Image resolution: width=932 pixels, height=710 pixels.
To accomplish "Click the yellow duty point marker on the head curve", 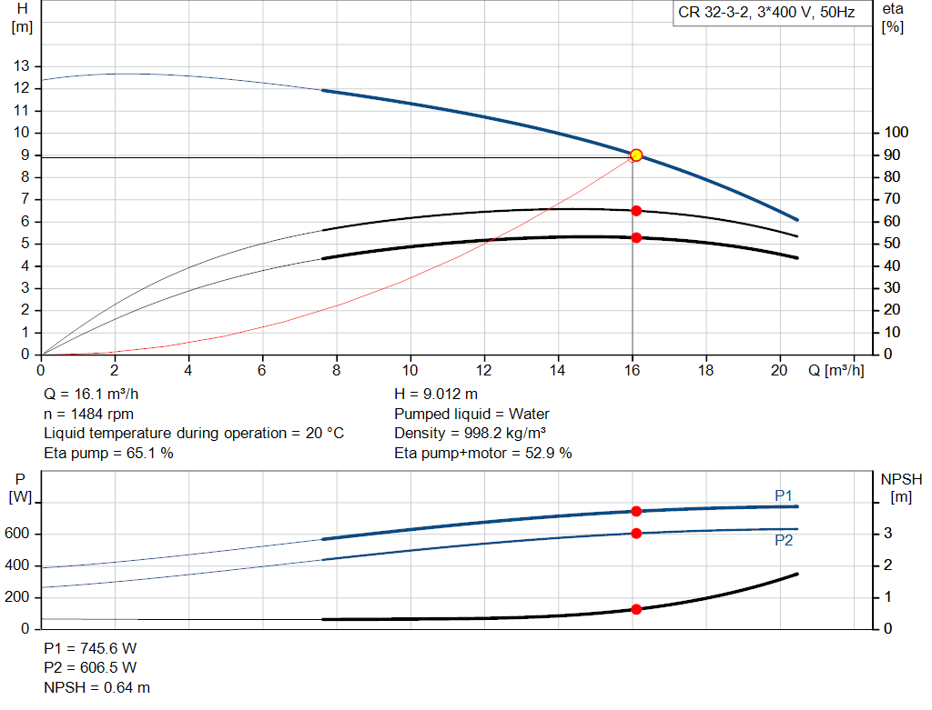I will pos(636,155).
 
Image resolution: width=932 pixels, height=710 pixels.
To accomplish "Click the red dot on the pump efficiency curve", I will pos(636,210).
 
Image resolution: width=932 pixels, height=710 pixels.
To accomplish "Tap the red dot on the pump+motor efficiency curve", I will pos(636,237).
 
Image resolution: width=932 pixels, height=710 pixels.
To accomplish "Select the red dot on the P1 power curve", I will pos(636,511).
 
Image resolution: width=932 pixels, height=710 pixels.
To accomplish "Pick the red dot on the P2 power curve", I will pos(636,533).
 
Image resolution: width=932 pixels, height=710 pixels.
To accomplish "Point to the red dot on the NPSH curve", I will pos(636,609).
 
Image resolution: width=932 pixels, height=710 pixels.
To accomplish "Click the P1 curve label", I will pos(784,495).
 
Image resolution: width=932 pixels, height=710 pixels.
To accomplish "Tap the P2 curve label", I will pos(784,540).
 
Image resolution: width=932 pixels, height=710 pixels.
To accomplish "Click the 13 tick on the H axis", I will pos(21,66).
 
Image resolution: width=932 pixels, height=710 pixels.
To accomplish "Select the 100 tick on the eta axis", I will pos(896,133).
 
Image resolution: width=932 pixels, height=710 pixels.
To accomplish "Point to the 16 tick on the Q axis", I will pos(632,371).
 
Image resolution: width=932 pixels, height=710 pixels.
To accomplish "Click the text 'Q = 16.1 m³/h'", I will pos(93,395).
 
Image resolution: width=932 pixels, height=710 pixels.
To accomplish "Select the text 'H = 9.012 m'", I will pos(436,395).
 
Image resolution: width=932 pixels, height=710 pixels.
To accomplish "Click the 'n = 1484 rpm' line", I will pos(87,414).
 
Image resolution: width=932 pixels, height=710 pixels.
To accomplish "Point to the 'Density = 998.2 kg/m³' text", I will pos(471,434).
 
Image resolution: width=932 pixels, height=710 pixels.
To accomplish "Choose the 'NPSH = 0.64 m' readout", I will pos(97,687).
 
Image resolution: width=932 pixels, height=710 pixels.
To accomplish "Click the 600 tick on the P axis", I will pos(17,534).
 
